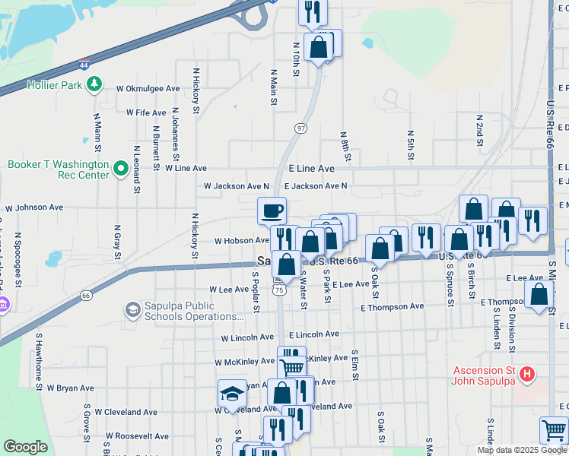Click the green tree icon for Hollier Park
pyautogui.click(x=94, y=84)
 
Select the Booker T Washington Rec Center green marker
pyautogui.click(x=120, y=169)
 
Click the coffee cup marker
pyautogui.click(x=272, y=211)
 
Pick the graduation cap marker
pyautogui.click(x=232, y=393)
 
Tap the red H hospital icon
pyautogui.click(x=526, y=374)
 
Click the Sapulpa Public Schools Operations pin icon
pyautogui.click(x=132, y=310)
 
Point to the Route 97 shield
pyautogui.click(x=301, y=128)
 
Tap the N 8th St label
pyautogui.click(x=345, y=144)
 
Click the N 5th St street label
pyautogui.click(x=410, y=144)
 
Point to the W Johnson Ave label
pyautogui.click(x=34, y=207)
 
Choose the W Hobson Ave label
pyautogui.click(x=241, y=240)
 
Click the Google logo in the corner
pyautogui.click(x=26, y=447)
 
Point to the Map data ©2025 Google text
pyautogui.click(x=522, y=450)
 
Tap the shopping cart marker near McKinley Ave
pyautogui.click(x=292, y=366)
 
